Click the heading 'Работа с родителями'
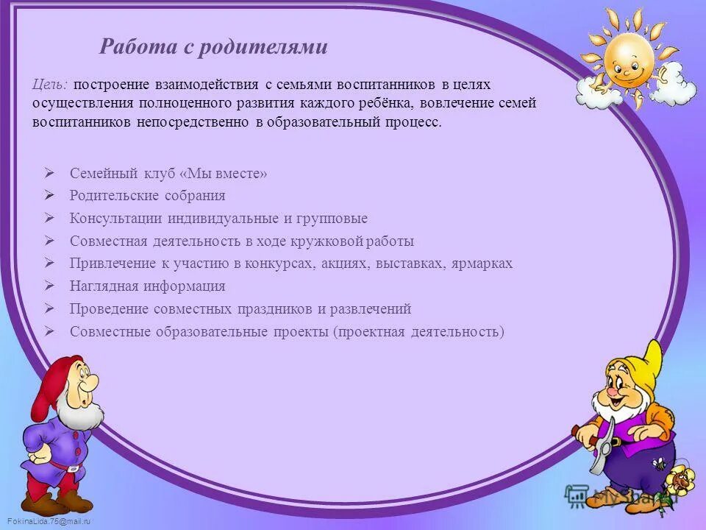coord(213,48)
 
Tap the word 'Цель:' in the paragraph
coord(50,85)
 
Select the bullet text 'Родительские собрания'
coord(147,196)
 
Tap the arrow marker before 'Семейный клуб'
coord(49,174)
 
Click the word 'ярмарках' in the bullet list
coord(481,264)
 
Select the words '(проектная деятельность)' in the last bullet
coord(418,332)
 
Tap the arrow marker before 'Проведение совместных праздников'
coord(49,308)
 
